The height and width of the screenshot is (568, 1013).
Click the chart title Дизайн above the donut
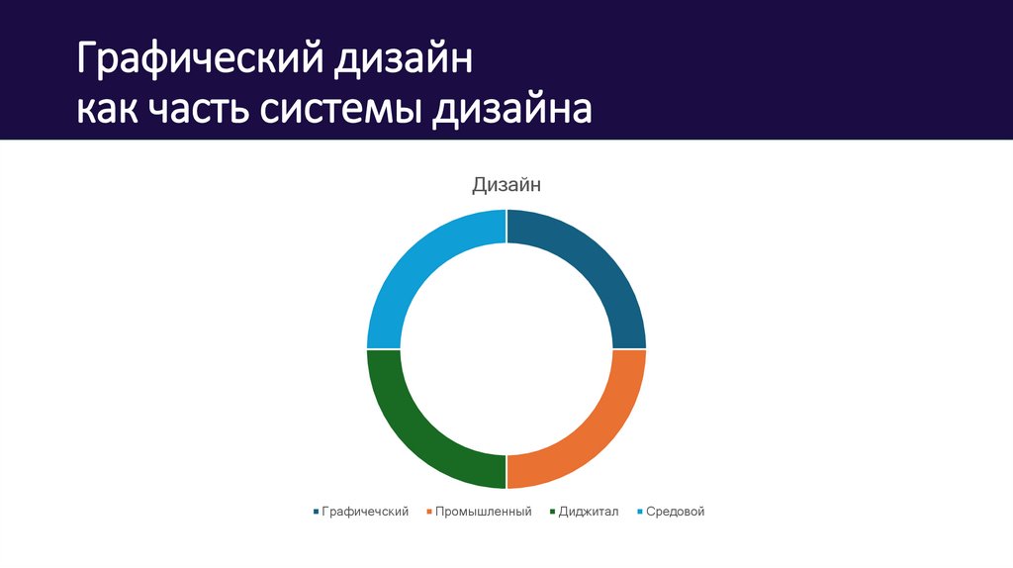click(506, 184)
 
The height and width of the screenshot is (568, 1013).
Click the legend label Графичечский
click(365, 512)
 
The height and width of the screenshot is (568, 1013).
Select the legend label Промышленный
click(484, 512)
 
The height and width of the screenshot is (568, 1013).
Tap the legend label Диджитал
click(588, 512)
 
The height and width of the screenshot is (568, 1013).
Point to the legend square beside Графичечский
click(316, 512)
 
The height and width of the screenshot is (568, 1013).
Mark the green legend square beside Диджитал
click(551, 512)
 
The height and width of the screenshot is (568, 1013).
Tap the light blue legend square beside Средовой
click(640, 512)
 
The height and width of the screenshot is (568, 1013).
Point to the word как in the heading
click(110, 109)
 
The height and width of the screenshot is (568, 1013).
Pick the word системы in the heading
click(341, 109)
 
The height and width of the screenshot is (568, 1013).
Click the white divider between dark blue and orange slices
click(629, 349)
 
